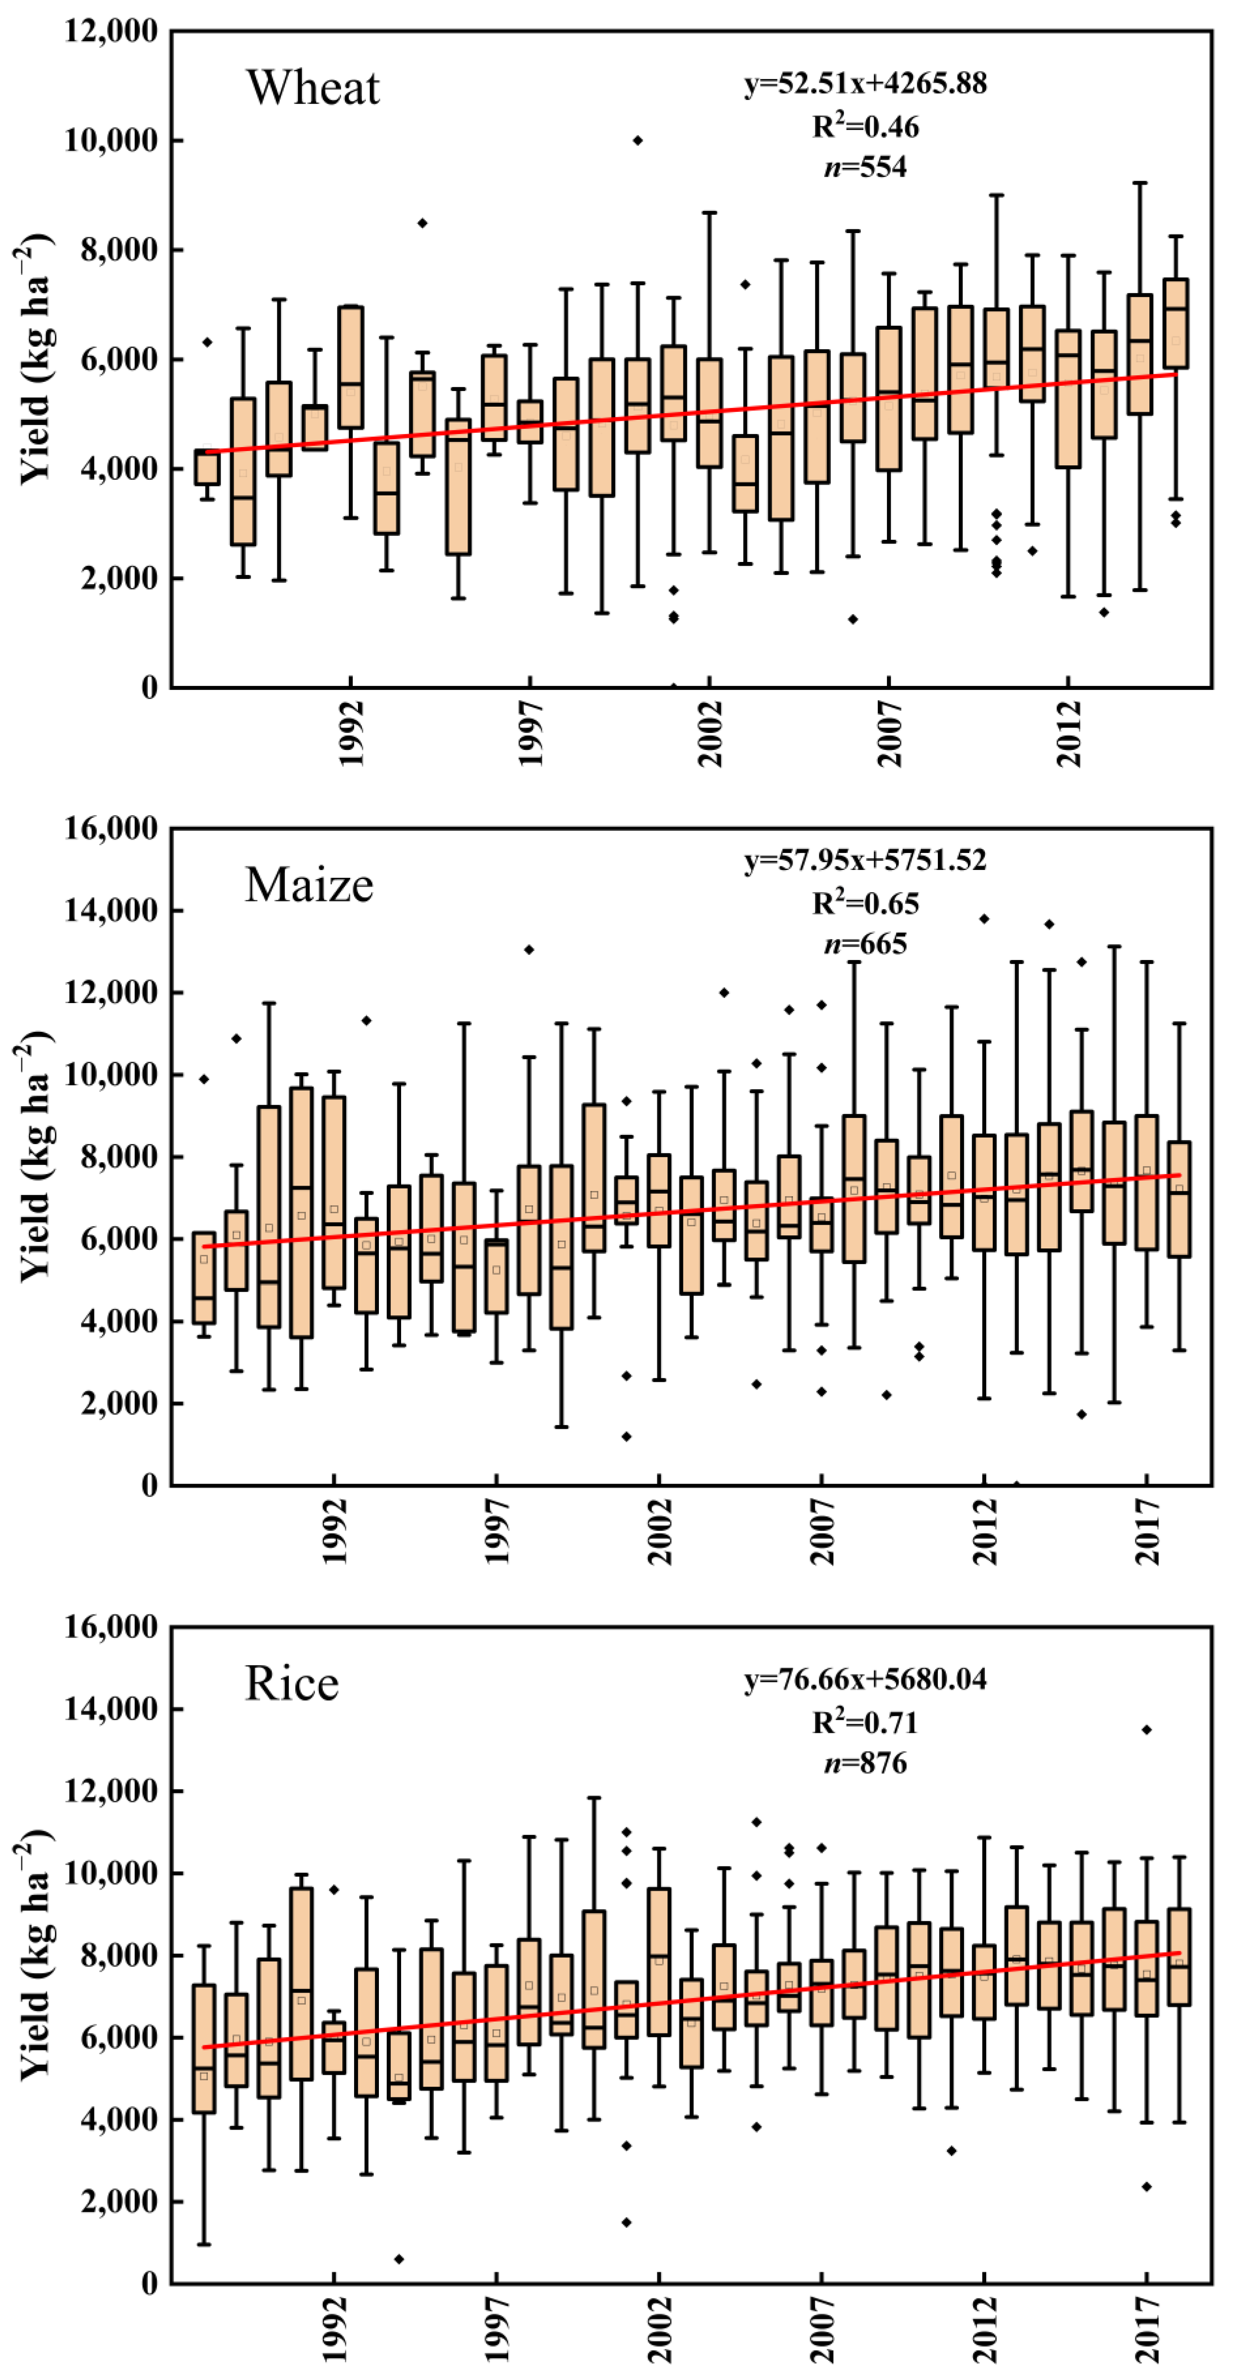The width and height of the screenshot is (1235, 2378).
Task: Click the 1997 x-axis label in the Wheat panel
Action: coord(531,734)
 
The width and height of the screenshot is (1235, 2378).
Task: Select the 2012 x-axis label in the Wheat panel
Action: coord(1069,734)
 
